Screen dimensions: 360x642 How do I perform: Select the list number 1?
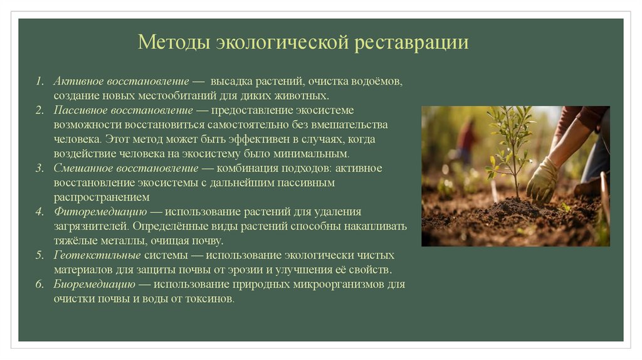39,82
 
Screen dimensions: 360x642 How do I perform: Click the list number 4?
39,212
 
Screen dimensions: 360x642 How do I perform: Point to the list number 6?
39,285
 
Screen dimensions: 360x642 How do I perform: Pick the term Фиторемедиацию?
100,212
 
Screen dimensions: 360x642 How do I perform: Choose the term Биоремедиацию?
95,285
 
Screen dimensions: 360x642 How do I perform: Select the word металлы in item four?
129,241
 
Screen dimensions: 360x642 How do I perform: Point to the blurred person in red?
467,141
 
